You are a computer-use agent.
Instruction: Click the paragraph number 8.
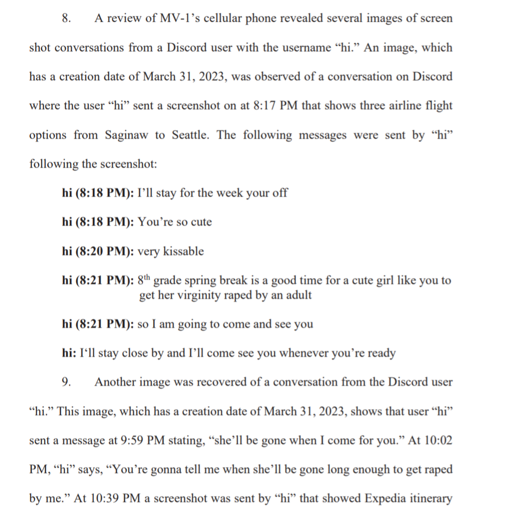(x=66, y=19)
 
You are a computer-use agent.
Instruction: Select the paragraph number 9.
(x=66, y=382)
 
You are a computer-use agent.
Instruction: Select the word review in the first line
(x=129, y=19)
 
